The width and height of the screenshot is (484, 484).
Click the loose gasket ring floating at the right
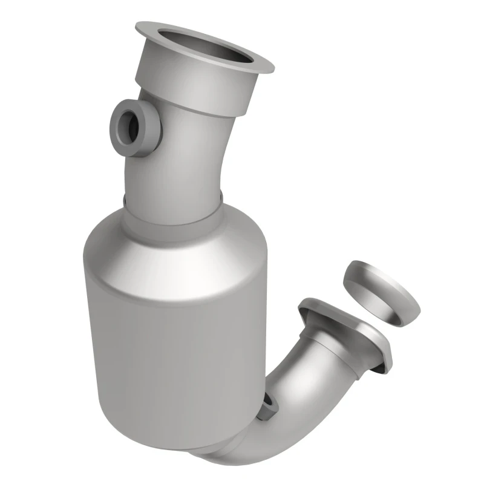381,290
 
